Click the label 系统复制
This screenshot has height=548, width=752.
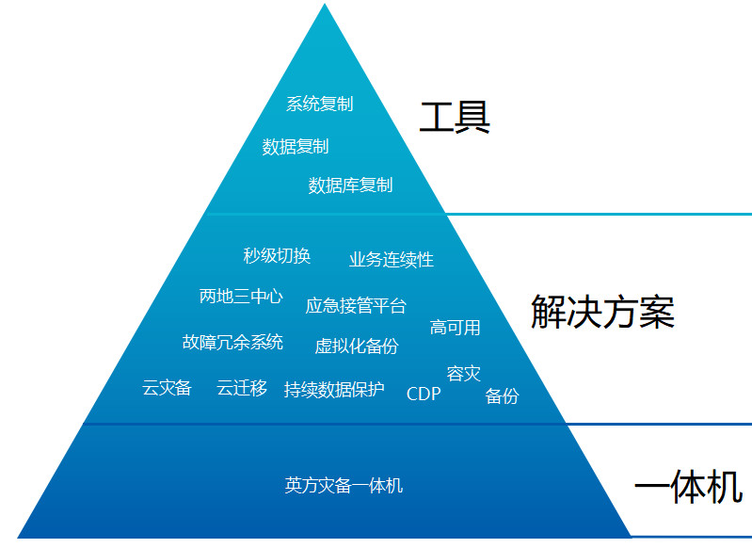(319, 104)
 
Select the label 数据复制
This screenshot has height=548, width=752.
(296, 146)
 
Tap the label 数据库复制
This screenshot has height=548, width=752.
(350, 185)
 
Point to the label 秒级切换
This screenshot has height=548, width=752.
(277, 255)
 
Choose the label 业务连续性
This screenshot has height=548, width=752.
(392, 259)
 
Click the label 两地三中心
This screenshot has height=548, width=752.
(241, 297)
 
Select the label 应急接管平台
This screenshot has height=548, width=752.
(356, 305)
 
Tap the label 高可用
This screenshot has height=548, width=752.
(456, 328)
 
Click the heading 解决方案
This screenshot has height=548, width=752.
(602, 312)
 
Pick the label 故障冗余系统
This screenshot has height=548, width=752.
(232, 342)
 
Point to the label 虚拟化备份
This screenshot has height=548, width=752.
(357, 346)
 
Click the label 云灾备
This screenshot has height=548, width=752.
(167, 387)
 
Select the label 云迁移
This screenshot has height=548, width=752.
(242, 387)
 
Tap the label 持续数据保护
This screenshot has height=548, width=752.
(334, 389)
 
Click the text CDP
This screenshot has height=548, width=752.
(424, 394)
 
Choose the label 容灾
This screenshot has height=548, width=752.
(463, 374)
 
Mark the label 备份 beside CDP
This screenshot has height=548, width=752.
(502, 396)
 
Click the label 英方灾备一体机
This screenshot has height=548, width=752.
(344, 486)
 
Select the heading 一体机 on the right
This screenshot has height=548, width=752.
(688, 487)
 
